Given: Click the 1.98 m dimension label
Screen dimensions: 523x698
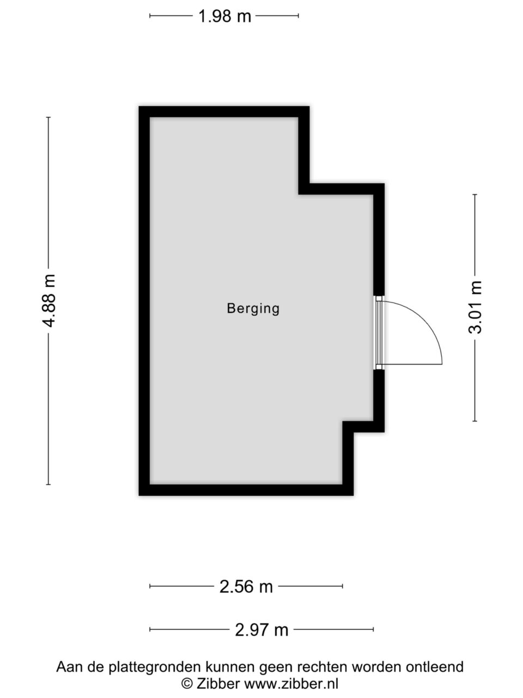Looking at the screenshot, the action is click(x=224, y=16).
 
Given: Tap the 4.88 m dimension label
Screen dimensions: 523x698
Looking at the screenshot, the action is click(x=49, y=300).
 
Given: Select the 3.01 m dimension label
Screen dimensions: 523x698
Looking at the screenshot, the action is click(x=475, y=307).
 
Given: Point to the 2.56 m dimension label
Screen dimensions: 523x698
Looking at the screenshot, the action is click(x=246, y=586).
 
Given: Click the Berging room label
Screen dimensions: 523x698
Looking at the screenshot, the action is click(x=253, y=309).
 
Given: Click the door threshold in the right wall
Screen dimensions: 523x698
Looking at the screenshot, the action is click(x=379, y=333).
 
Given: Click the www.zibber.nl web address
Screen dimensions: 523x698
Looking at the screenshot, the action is click(x=291, y=682).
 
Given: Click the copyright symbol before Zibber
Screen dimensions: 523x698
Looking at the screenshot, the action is click(x=187, y=682).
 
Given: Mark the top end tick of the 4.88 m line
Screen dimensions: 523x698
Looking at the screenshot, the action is click(x=48, y=117).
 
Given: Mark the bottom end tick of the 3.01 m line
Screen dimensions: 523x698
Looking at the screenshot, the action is click(x=475, y=421).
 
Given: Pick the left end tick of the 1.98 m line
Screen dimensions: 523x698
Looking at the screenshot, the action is click(x=150, y=16).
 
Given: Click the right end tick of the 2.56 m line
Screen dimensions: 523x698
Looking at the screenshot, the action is click(x=343, y=586).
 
